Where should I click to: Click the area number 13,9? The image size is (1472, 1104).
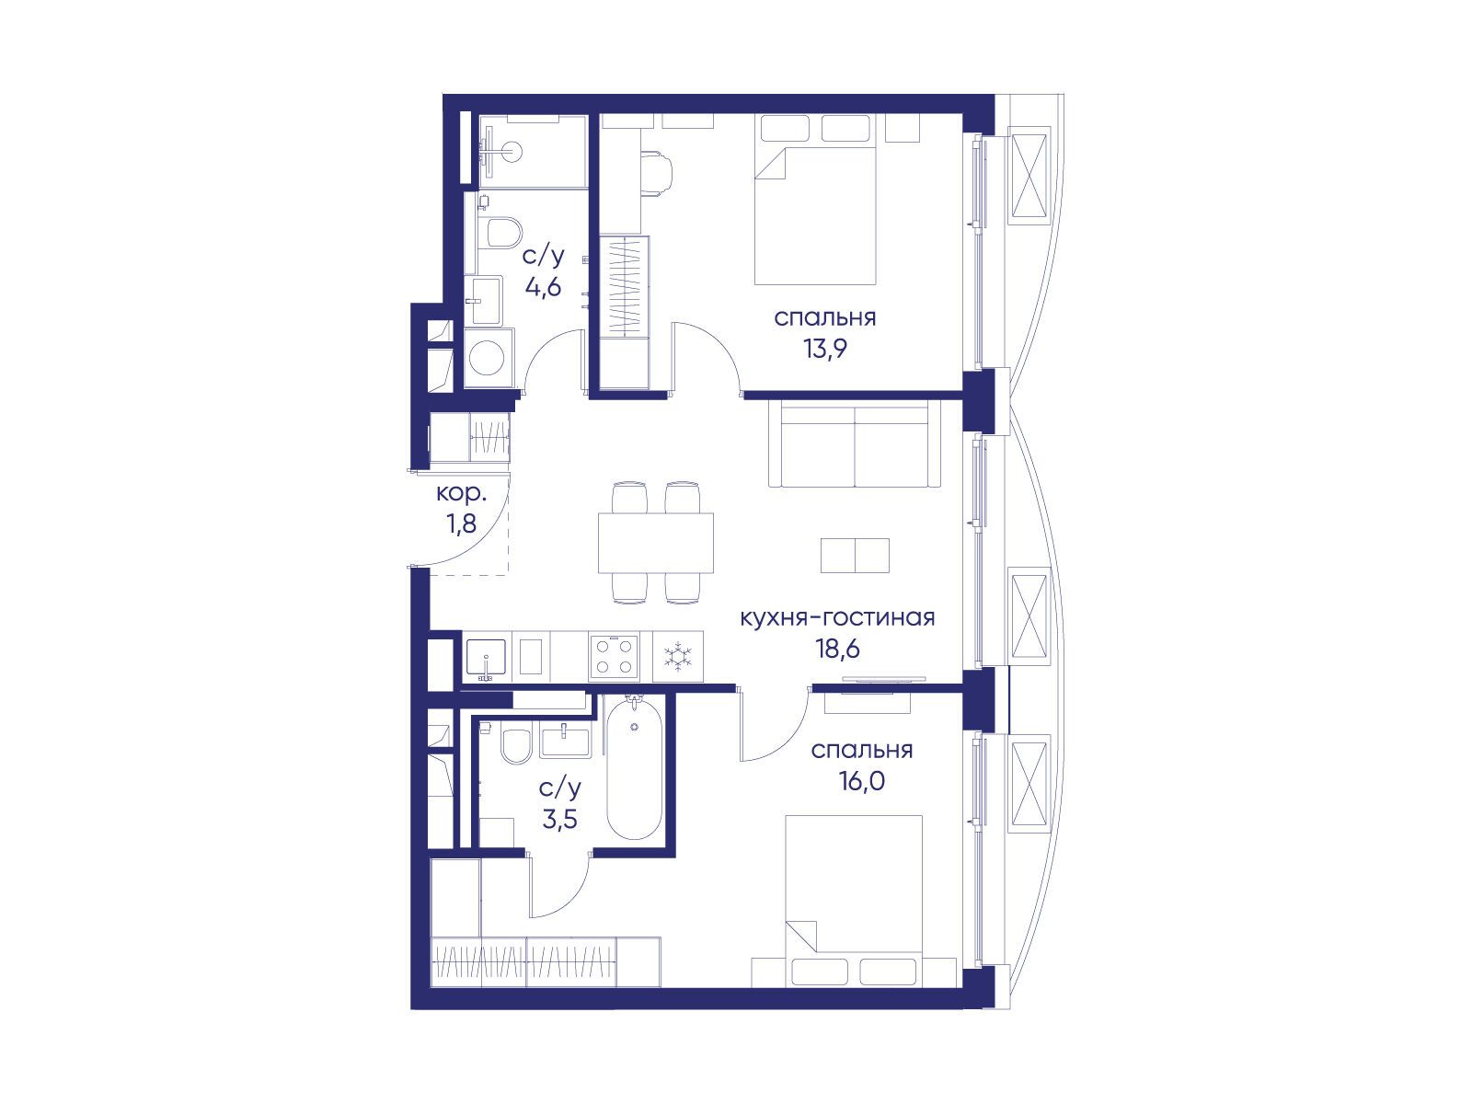coord(824,350)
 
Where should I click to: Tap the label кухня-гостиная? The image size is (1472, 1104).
coord(837,617)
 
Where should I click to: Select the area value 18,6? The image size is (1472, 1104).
coord(837,649)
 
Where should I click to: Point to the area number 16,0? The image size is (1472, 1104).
coord(861,781)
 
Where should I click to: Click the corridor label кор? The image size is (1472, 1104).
coord(461,494)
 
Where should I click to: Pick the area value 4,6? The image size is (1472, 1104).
coord(543,288)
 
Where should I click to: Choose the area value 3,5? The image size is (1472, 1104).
coord(559,819)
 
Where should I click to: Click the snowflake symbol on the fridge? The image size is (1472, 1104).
coord(677,656)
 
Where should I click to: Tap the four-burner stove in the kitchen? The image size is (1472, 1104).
coord(614,656)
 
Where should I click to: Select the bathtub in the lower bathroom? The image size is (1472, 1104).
coord(634,767)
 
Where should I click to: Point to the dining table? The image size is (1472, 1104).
coord(655,543)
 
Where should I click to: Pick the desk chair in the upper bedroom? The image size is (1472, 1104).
coord(657,173)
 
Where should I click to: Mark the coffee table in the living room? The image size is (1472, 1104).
coord(855,555)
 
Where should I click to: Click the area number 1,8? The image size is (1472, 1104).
coord(461,523)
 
